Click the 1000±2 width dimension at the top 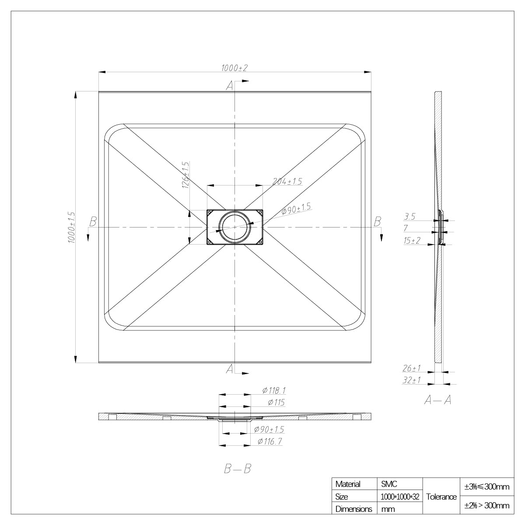pyautogui.click(x=234, y=68)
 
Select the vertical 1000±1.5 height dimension pyautogui.click(x=71, y=227)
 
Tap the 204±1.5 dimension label pyautogui.click(x=287, y=181)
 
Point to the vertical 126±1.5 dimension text pyautogui.click(x=185, y=175)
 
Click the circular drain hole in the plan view pyautogui.click(x=234, y=227)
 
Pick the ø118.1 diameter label pyautogui.click(x=274, y=391)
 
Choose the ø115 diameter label pyautogui.click(x=276, y=402)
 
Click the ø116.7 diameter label pyautogui.click(x=270, y=441)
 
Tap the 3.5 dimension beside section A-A pyautogui.click(x=409, y=217)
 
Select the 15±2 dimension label pyautogui.click(x=412, y=241)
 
